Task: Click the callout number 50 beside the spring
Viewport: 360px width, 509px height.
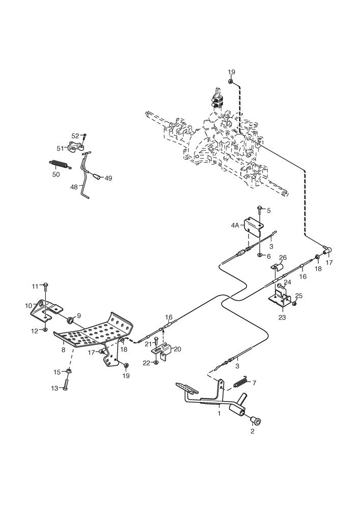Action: click(x=56, y=174)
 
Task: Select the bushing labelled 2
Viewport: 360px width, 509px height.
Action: click(x=255, y=420)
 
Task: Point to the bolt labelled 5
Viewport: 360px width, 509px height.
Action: click(x=260, y=209)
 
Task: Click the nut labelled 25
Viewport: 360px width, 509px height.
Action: click(x=294, y=304)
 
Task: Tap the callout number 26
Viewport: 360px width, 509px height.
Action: click(x=284, y=258)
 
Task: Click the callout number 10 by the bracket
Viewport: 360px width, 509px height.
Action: click(x=29, y=306)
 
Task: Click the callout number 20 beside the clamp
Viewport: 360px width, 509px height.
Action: click(x=177, y=349)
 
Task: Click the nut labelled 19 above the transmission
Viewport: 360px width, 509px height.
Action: click(x=231, y=81)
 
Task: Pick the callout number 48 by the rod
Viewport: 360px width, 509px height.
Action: click(x=74, y=187)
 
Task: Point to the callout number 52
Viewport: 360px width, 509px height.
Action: click(x=75, y=136)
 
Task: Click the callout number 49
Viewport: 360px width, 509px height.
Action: click(x=108, y=178)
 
